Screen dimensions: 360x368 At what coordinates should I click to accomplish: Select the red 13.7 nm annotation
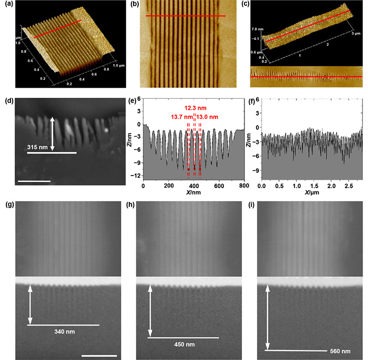[x=181, y=117]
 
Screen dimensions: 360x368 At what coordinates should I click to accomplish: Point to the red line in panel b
[x=185, y=16]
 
